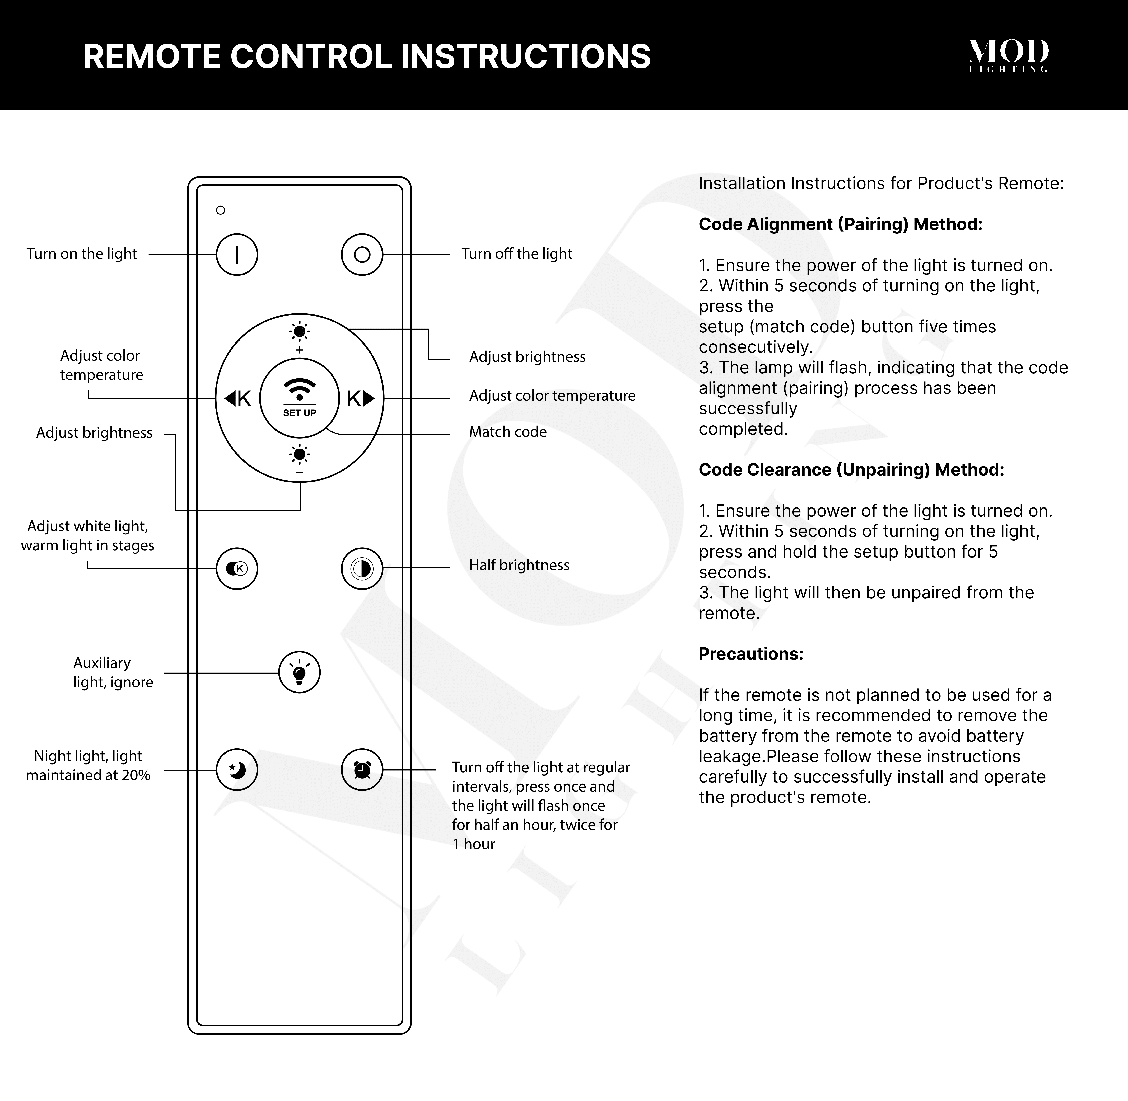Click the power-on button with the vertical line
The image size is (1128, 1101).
point(237,254)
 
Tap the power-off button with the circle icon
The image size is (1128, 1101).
point(362,254)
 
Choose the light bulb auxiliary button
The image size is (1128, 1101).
point(300,672)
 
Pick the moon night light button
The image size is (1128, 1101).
point(237,770)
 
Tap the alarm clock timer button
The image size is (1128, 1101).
point(362,770)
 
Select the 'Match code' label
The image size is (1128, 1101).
point(508,432)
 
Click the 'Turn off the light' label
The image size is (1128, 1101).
point(516,254)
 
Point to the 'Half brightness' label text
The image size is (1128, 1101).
point(519,565)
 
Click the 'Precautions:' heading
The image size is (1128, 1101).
point(750,654)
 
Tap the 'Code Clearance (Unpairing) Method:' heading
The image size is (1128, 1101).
point(851,470)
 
